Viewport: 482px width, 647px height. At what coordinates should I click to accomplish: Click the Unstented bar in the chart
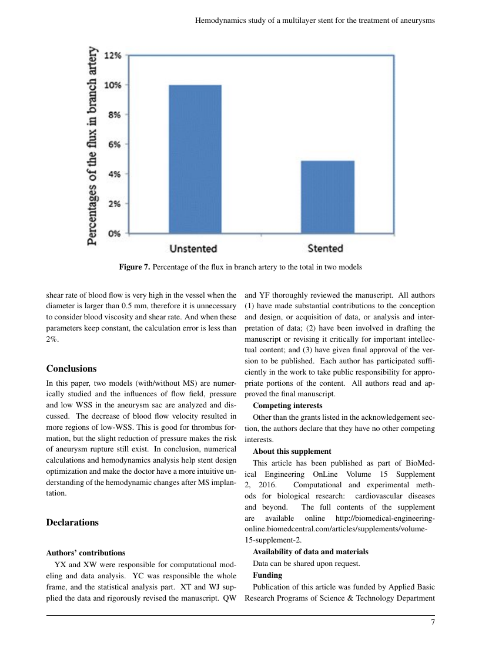(195, 159)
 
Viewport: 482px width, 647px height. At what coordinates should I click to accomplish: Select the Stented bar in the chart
(327, 197)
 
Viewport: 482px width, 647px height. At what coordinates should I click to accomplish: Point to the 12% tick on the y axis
(112, 56)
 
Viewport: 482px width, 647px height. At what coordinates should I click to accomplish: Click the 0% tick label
(114, 234)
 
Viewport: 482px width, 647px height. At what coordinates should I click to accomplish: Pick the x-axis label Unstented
(193, 248)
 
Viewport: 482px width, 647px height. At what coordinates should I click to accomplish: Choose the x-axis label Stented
(325, 248)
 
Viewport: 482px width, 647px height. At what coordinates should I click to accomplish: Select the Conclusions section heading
(71, 369)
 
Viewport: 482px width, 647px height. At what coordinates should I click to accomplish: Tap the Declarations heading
(72, 522)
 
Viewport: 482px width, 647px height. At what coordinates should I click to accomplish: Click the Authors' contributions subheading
(85, 552)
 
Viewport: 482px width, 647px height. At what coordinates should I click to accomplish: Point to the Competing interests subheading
(287, 405)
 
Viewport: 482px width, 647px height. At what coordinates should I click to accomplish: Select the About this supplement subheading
(292, 451)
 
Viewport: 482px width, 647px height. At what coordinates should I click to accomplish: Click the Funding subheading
(267, 575)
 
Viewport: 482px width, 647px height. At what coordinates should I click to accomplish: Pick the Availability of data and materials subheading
(310, 551)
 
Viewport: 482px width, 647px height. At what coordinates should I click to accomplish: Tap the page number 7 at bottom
(433, 622)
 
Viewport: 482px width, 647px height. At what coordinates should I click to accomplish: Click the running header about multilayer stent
(314, 20)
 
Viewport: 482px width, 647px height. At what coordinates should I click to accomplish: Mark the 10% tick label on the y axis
(112, 85)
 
